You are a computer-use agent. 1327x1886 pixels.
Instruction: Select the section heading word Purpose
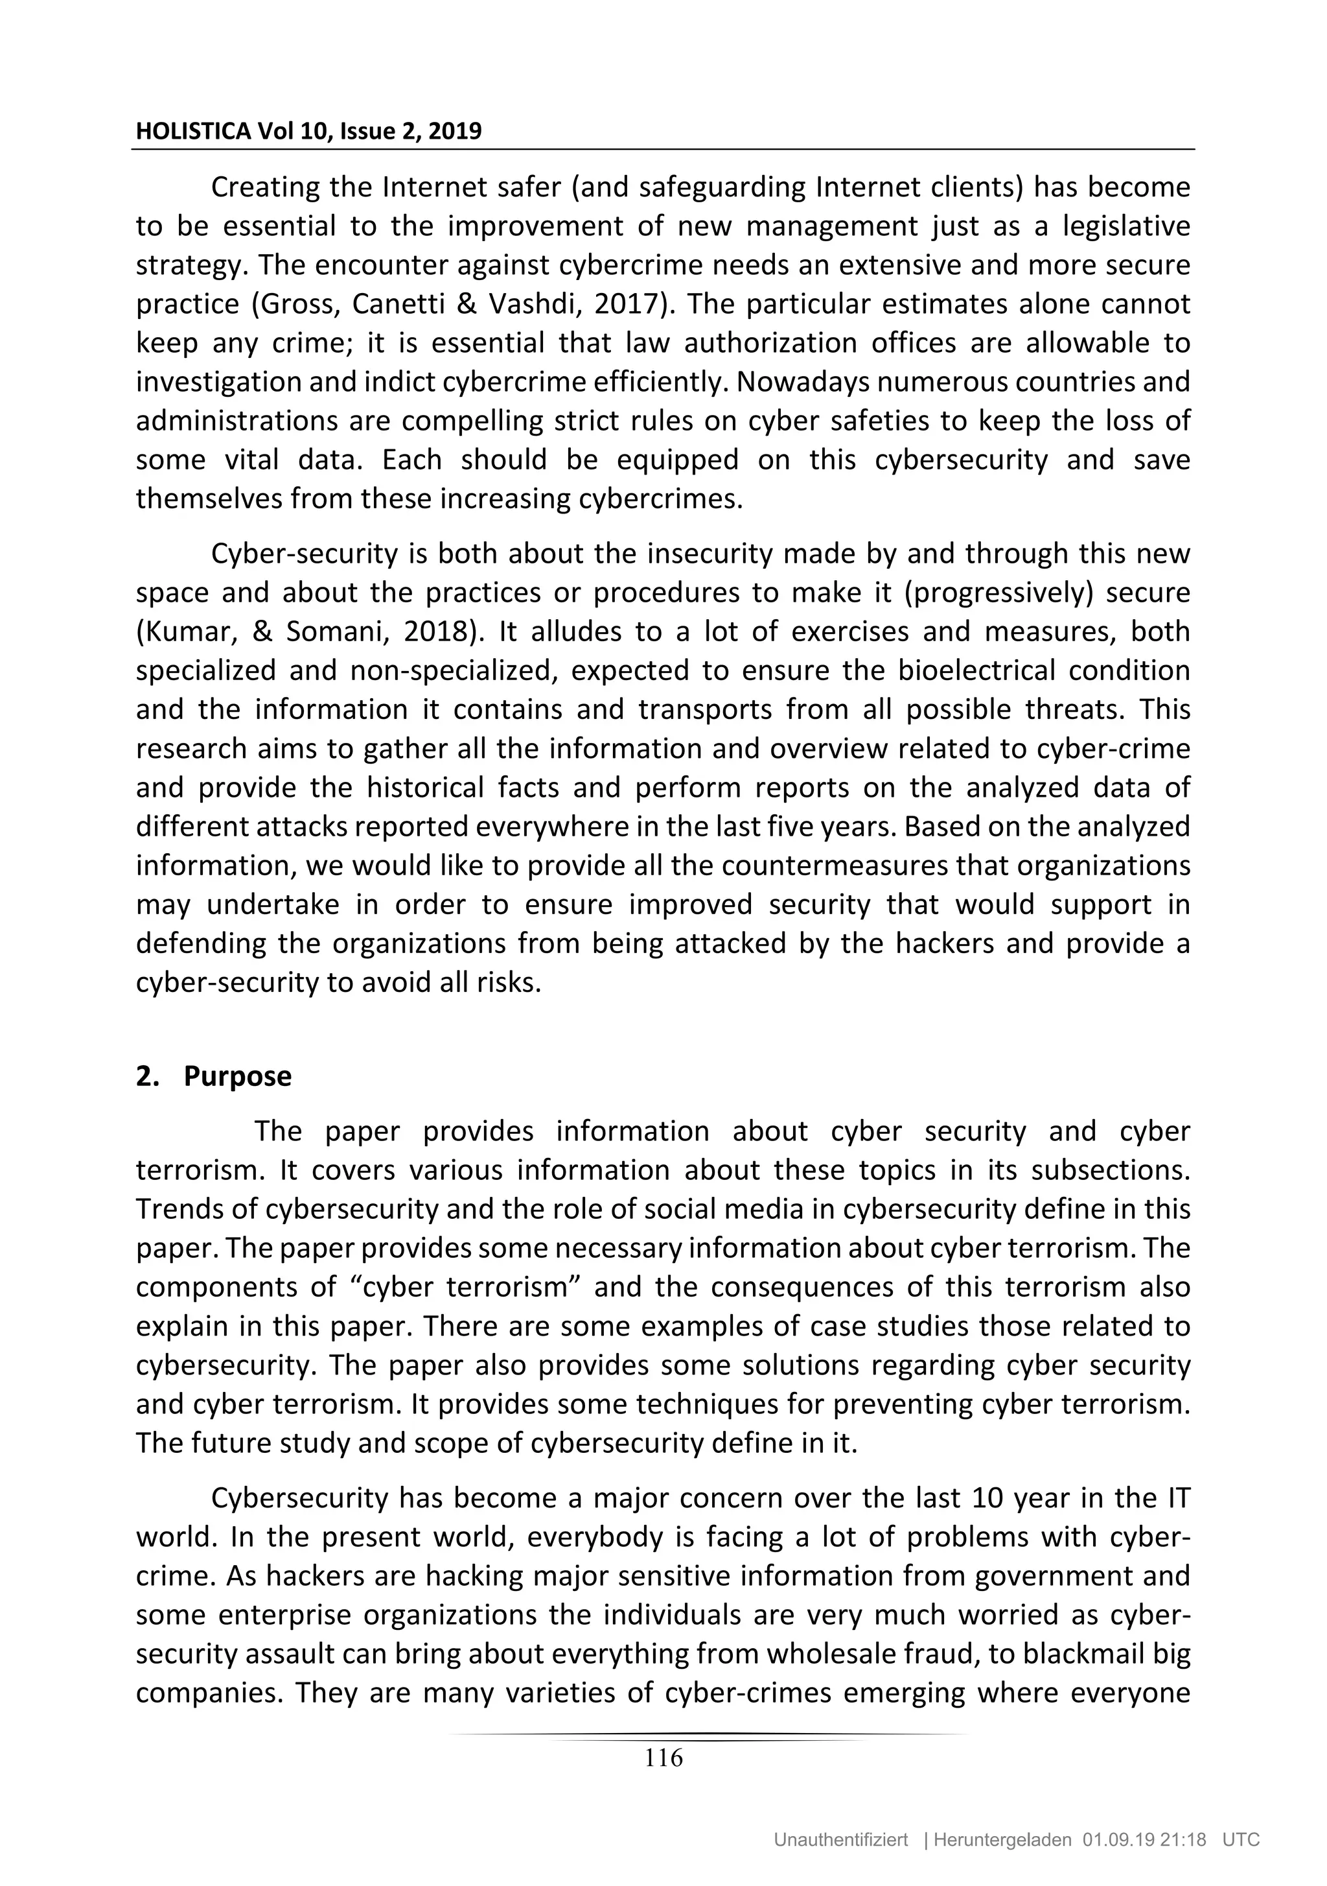237,1076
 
